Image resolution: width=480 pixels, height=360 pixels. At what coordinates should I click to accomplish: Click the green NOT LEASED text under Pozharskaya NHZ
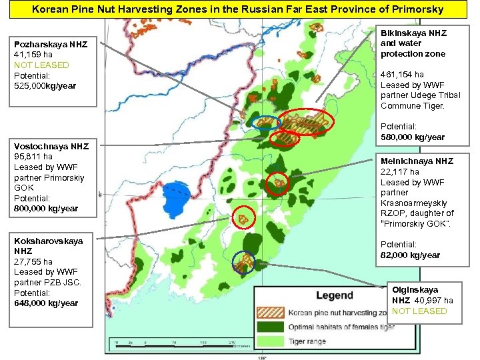click(41, 65)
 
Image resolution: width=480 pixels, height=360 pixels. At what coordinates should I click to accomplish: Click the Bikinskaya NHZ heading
click(413, 33)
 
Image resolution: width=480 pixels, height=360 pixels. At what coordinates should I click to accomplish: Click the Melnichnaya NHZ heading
click(417, 161)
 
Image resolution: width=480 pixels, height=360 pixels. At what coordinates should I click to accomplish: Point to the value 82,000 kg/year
click(410, 255)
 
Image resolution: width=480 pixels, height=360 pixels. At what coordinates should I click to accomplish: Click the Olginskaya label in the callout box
click(415, 290)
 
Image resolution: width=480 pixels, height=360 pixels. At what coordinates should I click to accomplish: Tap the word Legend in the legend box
click(334, 295)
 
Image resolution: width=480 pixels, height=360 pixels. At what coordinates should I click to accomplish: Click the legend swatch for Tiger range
click(270, 341)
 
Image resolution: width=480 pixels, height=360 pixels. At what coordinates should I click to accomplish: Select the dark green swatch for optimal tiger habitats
click(270, 327)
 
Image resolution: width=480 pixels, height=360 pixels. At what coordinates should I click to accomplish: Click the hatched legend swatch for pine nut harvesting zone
click(270, 312)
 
